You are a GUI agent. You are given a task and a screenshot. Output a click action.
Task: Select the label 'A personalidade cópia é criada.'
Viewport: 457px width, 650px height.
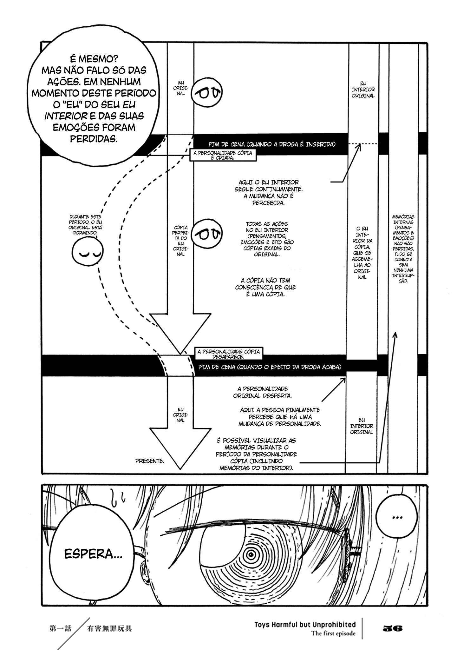click(x=223, y=155)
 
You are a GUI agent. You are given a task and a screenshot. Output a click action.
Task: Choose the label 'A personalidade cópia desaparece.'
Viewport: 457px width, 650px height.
click(x=228, y=354)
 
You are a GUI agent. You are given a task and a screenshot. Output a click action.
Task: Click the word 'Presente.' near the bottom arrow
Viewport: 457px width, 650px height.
click(x=150, y=461)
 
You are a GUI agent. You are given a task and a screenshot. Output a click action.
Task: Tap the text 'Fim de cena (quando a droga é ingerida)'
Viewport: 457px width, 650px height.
click(x=272, y=144)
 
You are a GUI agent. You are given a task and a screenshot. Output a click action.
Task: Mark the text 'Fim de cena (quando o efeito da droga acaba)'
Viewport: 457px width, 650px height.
click(x=270, y=367)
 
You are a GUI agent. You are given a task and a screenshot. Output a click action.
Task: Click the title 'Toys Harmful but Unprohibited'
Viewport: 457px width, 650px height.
click(x=305, y=625)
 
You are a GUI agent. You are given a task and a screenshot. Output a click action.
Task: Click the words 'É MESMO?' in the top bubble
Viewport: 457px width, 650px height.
click(x=94, y=59)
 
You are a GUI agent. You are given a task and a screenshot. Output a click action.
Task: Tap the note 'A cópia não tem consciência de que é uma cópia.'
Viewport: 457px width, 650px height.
click(x=265, y=287)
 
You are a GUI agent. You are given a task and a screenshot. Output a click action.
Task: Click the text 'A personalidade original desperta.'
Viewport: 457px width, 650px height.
click(x=263, y=392)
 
